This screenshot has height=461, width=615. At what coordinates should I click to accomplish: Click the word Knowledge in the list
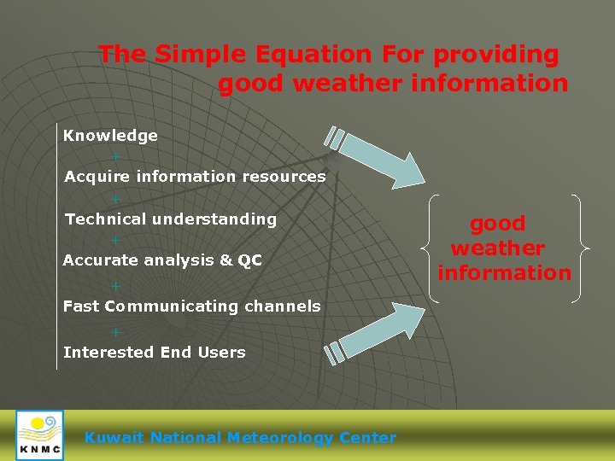[110, 136]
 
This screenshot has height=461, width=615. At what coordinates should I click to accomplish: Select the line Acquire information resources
[195, 177]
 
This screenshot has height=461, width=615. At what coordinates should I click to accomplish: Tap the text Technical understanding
[171, 219]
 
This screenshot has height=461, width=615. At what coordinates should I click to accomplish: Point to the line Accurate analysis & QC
[162, 260]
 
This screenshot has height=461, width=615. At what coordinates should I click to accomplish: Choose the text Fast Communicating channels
[191, 306]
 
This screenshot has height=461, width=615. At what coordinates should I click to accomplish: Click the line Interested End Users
[154, 352]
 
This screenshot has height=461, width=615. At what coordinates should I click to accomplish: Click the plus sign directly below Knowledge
[115, 157]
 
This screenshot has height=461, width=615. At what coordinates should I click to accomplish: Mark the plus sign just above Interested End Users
[115, 332]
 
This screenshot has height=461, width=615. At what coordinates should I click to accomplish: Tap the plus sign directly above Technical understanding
[115, 199]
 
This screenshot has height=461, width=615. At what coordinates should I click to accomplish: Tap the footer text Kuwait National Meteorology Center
[240, 438]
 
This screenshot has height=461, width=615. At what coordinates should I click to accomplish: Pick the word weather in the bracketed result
[497, 248]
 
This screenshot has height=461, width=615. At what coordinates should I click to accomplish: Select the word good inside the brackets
[497, 224]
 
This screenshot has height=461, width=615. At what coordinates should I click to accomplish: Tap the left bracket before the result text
[430, 248]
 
